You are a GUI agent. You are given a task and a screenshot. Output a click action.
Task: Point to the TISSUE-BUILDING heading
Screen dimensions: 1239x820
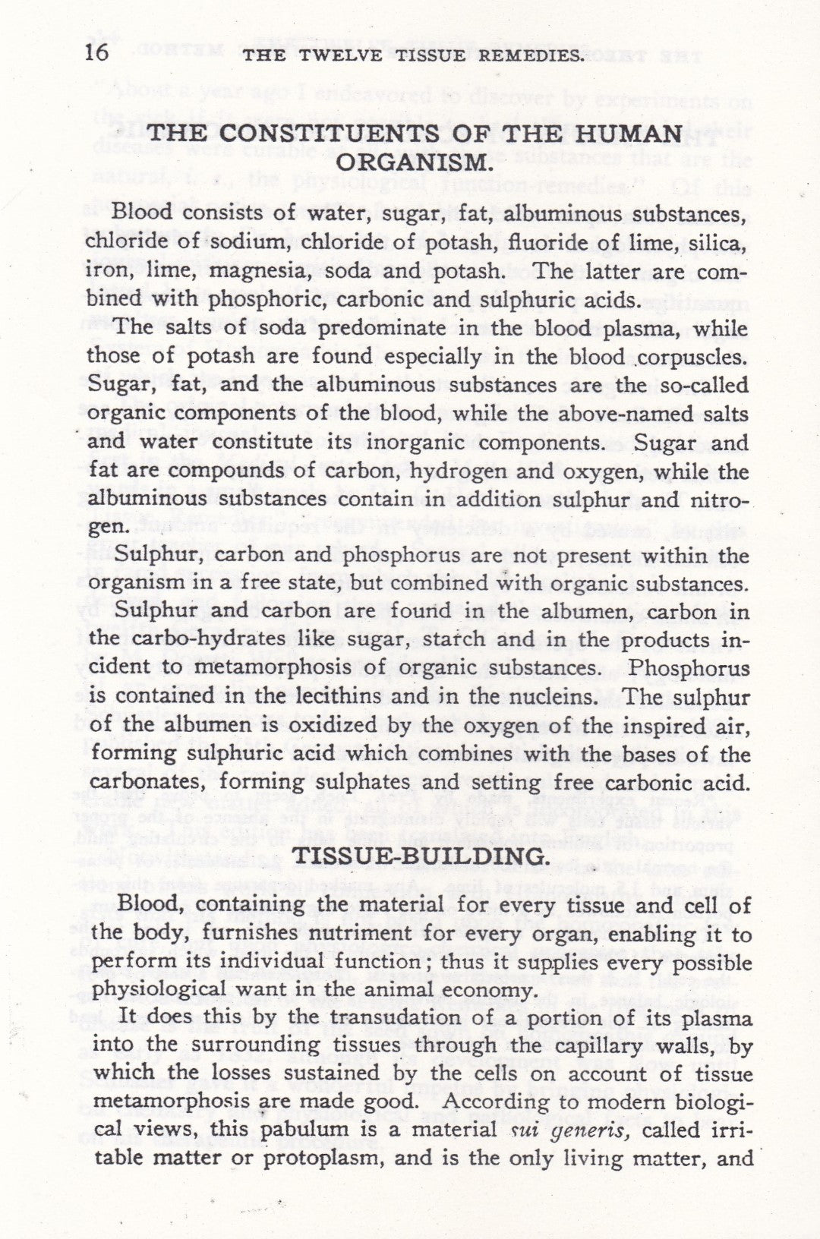[x=419, y=856]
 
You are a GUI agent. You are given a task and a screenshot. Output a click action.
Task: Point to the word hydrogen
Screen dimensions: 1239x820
[x=455, y=471]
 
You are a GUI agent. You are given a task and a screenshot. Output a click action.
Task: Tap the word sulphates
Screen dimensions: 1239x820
[x=431, y=783]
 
